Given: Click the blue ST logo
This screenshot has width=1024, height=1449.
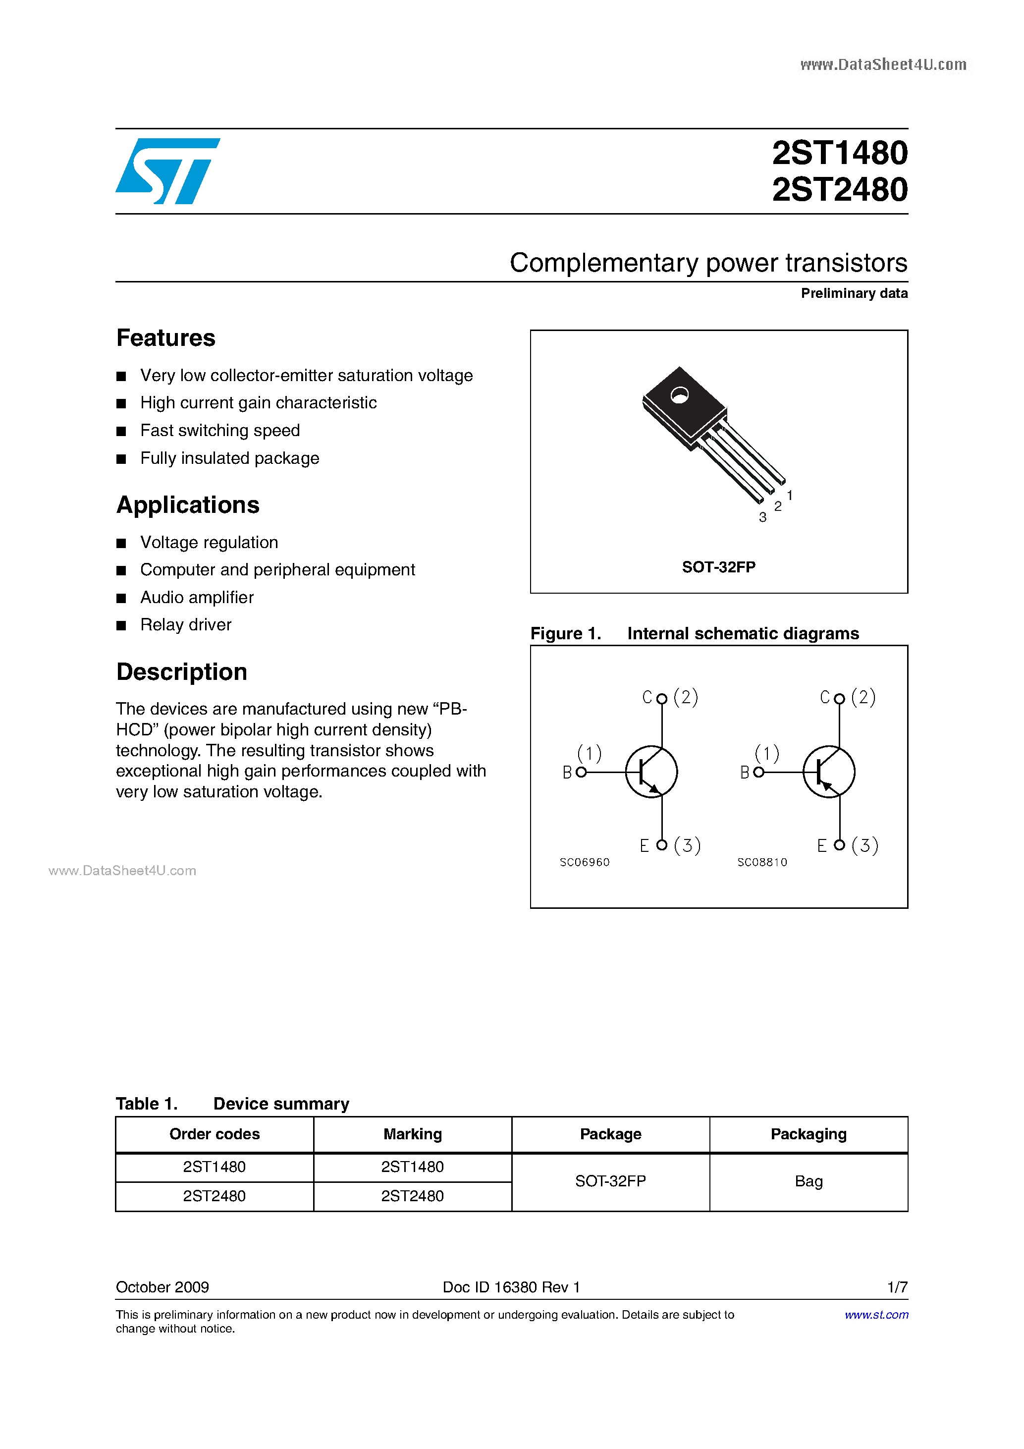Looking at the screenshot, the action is click(x=167, y=171).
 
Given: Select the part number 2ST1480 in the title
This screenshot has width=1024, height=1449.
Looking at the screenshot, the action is click(x=839, y=153).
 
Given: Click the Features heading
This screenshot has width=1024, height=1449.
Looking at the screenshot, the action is click(x=166, y=338).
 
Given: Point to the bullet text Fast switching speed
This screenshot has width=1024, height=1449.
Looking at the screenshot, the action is click(x=219, y=431).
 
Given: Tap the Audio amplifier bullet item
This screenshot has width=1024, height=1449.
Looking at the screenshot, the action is click(x=197, y=597).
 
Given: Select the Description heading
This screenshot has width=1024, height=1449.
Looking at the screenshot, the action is click(x=182, y=672).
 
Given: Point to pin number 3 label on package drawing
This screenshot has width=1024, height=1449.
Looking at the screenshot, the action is click(x=763, y=517).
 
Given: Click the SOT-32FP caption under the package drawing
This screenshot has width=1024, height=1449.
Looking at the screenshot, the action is click(x=719, y=567).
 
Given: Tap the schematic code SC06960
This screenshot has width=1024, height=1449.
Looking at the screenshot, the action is click(x=584, y=862).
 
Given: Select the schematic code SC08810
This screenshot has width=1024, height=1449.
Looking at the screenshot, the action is click(x=762, y=862).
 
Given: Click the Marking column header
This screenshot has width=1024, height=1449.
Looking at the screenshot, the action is click(x=413, y=1134).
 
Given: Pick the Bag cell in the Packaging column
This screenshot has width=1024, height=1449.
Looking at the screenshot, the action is click(x=808, y=1181).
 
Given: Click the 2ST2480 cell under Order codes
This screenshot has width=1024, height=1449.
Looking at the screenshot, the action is click(x=215, y=1196).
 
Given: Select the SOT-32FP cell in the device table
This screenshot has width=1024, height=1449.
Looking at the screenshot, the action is click(x=610, y=1181).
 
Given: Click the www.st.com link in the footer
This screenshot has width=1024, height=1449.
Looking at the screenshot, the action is click(x=876, y=1315).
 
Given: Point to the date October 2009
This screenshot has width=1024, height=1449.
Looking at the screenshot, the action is click(x=162, y=1287).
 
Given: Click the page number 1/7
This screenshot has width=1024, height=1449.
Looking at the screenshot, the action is click(x=897, y=1287).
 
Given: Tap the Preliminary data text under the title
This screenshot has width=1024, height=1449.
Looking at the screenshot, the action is click(x=854, y=293).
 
